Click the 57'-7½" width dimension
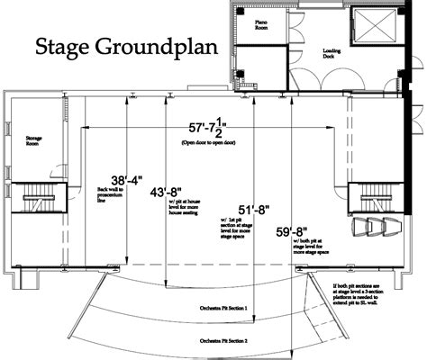[x=213, y=129]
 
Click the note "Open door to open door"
[x=213, y=144]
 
